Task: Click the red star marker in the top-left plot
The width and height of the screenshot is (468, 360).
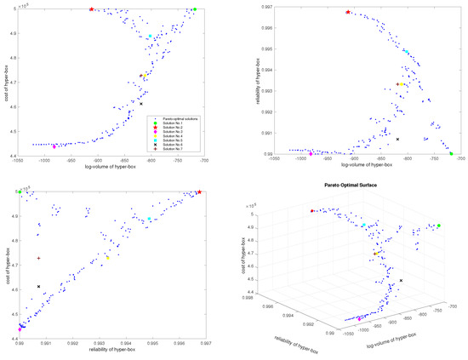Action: (x=92, y=9)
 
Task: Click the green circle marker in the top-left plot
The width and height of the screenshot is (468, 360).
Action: (x=195, y=9)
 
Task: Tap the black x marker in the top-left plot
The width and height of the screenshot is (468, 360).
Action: (x=141, y=104)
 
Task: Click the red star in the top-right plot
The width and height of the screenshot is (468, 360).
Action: (x=347, y=12)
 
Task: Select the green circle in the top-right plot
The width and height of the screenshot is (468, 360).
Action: (x=451, y=154)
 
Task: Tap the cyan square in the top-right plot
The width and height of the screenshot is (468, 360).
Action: (x=407, y=52)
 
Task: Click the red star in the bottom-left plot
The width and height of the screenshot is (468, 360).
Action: (x=199, y=192)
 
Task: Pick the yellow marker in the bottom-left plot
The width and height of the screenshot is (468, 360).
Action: (x=107, y=257)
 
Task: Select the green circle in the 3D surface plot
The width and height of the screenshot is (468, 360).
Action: (x=439, y=226)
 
